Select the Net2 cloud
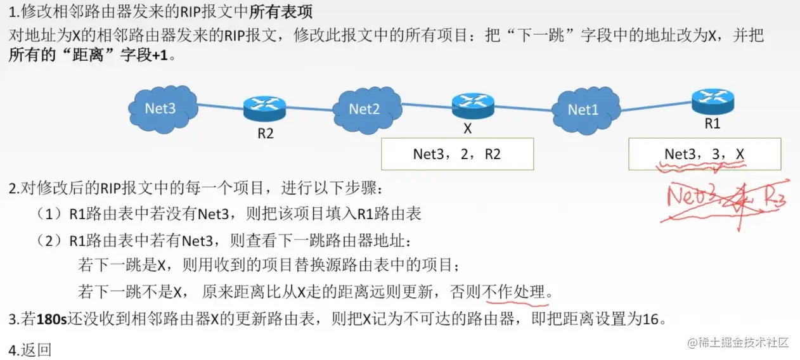[x=365, y=108]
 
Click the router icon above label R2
[x=265, y=108]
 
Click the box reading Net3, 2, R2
[x=456, y=155]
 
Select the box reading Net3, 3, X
[x=704, y=154]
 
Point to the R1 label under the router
[x=713, y=124]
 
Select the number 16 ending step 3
[x=650, y=319]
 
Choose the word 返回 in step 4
[x=37, y=349]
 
